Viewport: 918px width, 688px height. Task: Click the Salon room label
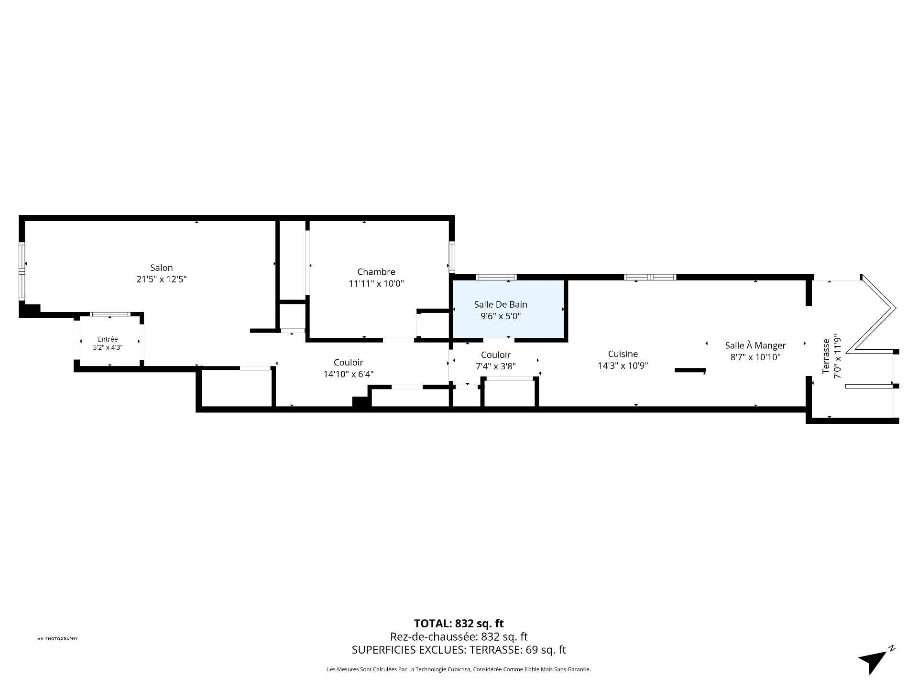coord(161,268)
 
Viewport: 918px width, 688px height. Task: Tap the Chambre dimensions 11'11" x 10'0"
coord(376,284)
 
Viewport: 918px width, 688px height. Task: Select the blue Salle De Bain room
coord(508,309)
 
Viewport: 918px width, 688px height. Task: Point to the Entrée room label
coord(108,339)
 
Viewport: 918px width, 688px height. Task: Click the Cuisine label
coord(623,354)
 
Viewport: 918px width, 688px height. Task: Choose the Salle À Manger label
coord(755,345)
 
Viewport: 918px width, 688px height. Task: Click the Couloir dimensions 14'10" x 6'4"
coord(349,374)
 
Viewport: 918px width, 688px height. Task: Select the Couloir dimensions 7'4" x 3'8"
coord(496,366)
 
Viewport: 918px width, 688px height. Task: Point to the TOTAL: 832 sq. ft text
coord(459,623)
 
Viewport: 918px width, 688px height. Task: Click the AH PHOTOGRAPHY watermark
coord(57,639)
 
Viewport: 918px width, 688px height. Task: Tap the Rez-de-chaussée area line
coord(459,636)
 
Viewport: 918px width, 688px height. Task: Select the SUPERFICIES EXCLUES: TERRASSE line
coord(459,650)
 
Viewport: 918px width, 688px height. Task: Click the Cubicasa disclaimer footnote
coord(459,669)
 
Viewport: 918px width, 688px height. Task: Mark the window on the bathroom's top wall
coord(496,277)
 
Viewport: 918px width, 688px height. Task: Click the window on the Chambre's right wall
coord(451,257)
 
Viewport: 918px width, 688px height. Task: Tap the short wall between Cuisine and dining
coord(690,370)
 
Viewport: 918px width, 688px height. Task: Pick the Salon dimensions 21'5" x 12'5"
coord(161,279)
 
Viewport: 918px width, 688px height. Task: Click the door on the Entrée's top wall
coord(110,314)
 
